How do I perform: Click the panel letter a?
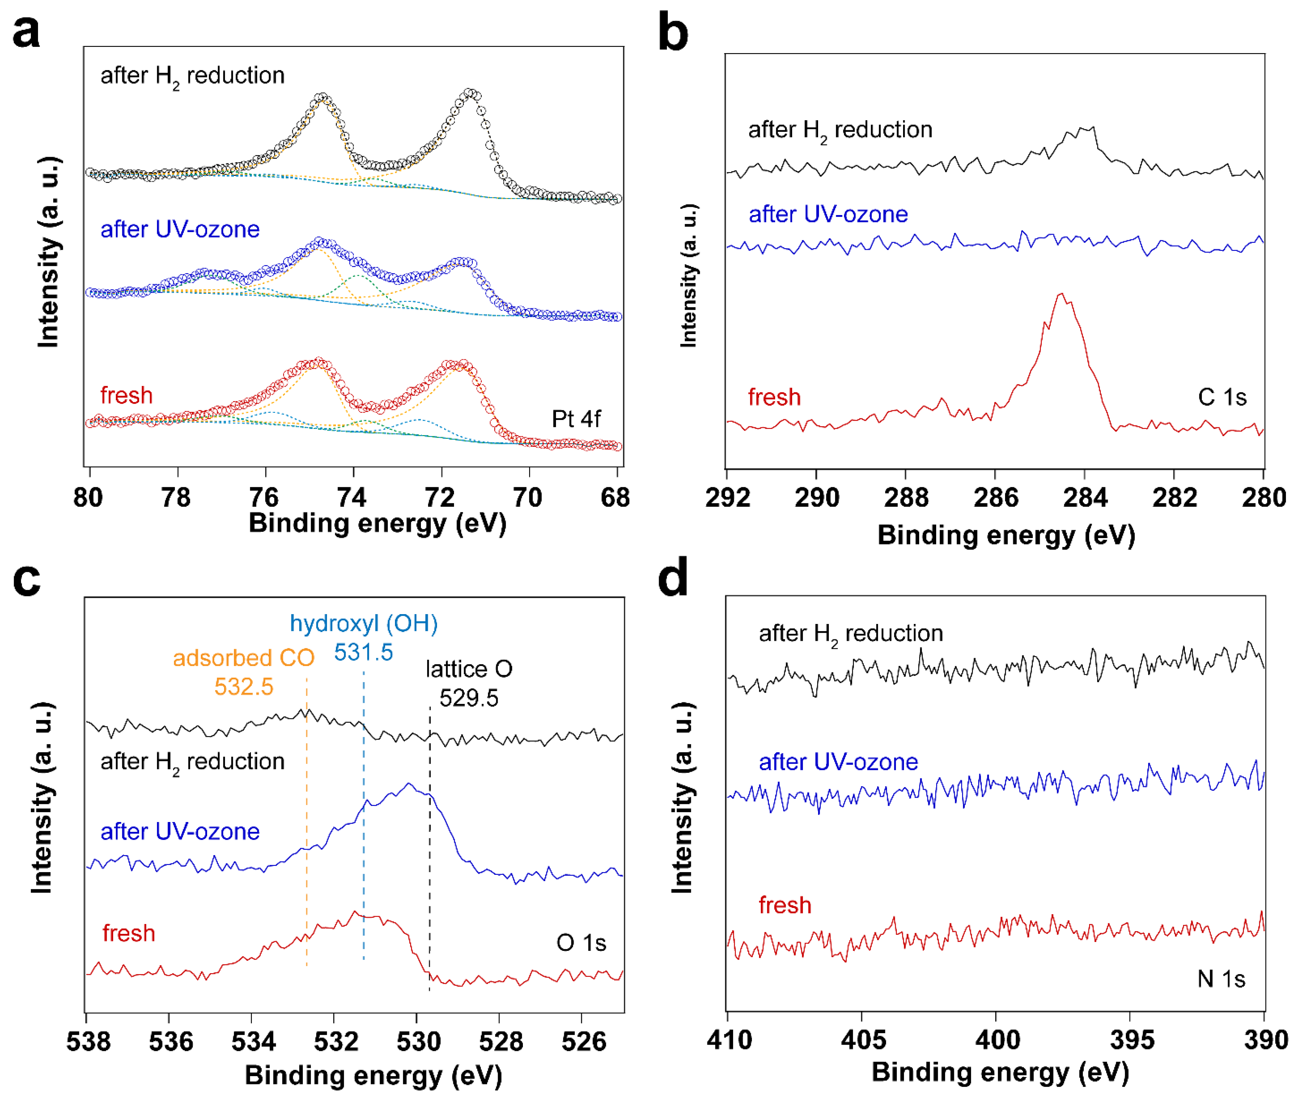click(x=26, y=31)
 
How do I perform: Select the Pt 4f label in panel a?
click(x=575, y=419)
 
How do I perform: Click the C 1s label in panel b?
click(x=1222, y=397)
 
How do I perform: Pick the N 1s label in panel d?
click(x=1220, y=979)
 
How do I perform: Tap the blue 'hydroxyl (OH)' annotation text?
click(x=363, y=623)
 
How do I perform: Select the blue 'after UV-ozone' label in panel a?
click(x=180, y=230)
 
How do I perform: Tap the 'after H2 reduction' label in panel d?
click(x=851, y=633)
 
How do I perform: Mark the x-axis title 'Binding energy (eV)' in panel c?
click(x=373, y=1075)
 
